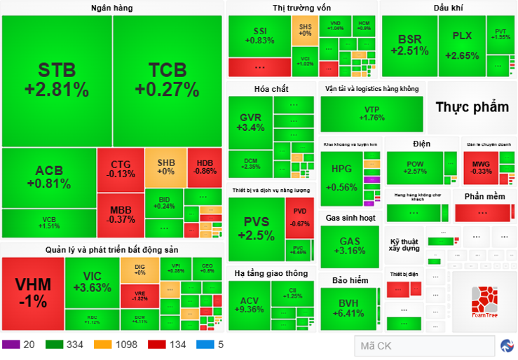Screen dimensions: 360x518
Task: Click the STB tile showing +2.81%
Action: click(x=56, y=81)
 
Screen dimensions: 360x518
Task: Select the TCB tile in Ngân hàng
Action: click(x=167, y=81)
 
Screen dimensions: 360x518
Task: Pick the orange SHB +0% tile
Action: click(x=165, y=167)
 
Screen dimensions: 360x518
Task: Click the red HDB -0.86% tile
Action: click(x=205, y=167)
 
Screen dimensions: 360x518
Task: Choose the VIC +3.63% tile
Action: click(x=92, y=282)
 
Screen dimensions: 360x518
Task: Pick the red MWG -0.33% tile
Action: click(x=481, y=168)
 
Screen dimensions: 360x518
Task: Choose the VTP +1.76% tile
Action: click(x=372, y=113)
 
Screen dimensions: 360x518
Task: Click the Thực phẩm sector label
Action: click(x=472, y=107)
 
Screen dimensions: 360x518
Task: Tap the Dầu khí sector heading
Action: click(x=448, y=8)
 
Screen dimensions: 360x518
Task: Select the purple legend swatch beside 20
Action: click(x=11, y=345)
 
